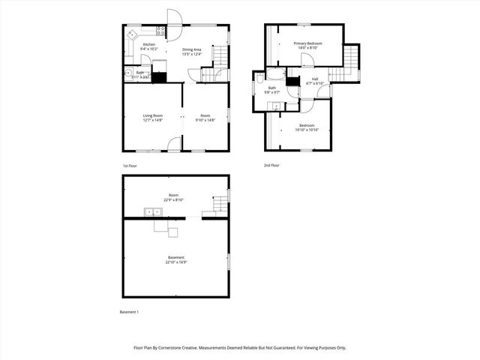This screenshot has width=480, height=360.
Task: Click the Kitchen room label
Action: coord(149,44)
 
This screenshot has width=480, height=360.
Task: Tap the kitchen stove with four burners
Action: coord(160,31)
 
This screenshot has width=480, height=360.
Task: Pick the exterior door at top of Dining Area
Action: coord(174,18)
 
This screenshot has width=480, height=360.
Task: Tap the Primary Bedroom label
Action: coord(307,43)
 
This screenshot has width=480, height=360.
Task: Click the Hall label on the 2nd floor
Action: coord(315,78)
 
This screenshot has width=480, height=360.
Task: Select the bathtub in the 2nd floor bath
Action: coord(275,75)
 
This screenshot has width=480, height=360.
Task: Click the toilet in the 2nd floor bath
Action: coord(259,76)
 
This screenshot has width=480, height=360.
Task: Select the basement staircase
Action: coord(218,205)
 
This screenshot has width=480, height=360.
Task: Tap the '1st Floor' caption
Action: coord(130,165)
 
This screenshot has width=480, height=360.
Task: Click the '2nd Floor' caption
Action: coord(271,165)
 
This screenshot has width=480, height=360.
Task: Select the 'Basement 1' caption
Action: coord(130,311)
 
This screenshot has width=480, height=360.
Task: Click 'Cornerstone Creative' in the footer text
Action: coord(199,348)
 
